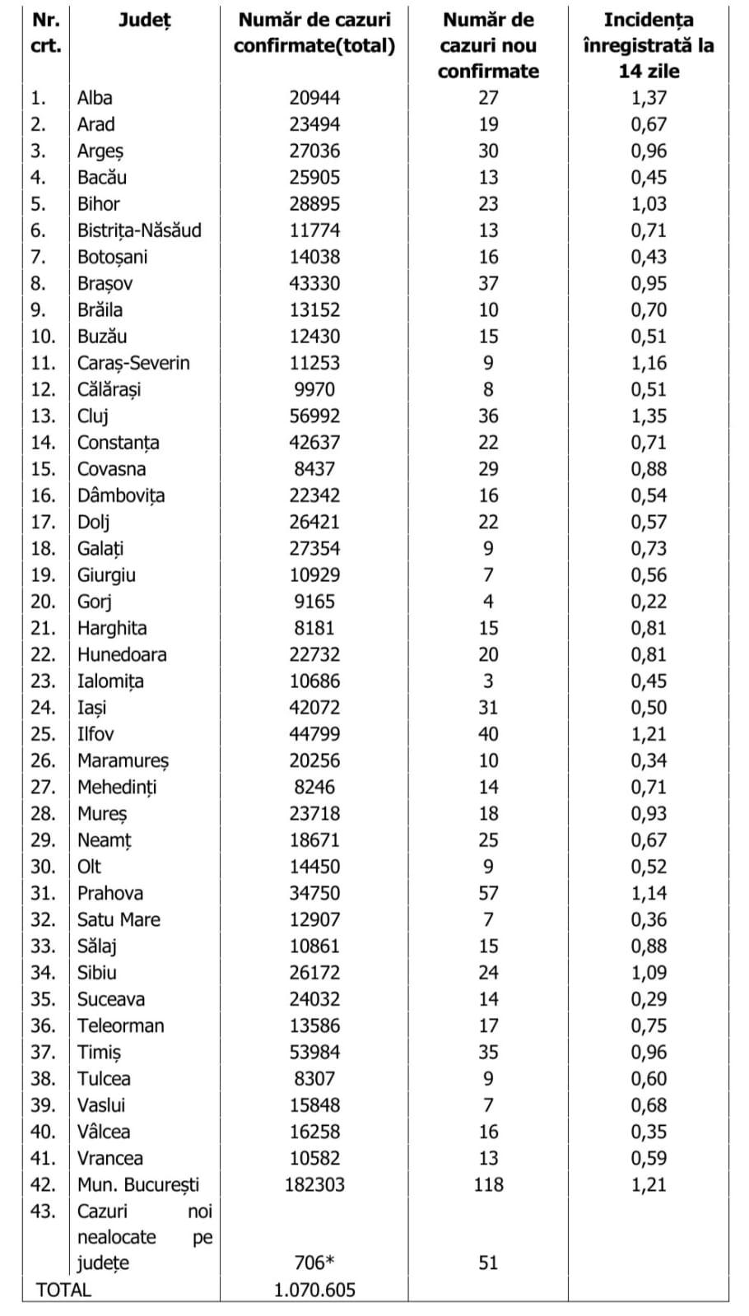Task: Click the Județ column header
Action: point(145,21)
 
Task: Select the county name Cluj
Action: point(93,416)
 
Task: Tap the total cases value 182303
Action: point(314,1184)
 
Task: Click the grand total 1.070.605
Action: point(314,1290)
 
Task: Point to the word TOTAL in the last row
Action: point(63,1290)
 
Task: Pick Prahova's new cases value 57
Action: point(488,893)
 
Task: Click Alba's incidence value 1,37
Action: point(649,98)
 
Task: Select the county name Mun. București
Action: point(138,1184)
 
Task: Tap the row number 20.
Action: point(43,602)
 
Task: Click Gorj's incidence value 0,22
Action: point(649,602)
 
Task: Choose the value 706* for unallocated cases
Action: point(314,1263)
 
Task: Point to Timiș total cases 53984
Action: point(314,1052)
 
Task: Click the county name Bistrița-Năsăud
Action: point(139,230)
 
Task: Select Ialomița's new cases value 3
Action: point(488,681)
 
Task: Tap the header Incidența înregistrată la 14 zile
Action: point(649,45)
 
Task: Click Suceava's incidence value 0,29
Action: point(649,999)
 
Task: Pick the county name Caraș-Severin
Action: point(133,363)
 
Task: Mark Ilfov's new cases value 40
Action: point(488,734)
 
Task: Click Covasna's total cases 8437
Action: point(314,469)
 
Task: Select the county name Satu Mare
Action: point(119,919)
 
